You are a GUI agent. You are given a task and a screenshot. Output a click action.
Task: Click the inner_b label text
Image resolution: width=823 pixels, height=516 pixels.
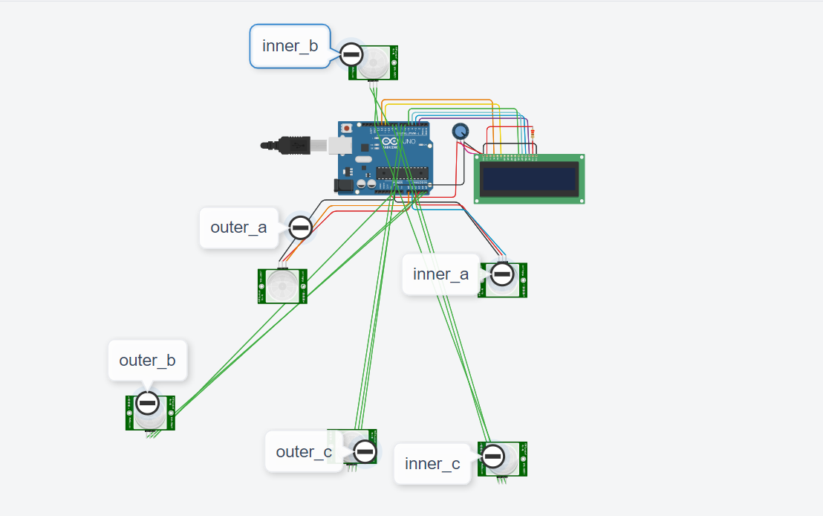290,46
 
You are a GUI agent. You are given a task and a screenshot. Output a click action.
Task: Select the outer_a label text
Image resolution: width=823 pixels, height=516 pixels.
238,228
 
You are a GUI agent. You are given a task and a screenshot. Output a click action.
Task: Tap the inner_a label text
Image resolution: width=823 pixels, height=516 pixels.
441,274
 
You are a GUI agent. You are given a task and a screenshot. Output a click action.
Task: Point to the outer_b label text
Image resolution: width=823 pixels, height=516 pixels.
147,361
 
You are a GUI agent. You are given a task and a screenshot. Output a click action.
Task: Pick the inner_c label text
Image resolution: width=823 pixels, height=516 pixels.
432,464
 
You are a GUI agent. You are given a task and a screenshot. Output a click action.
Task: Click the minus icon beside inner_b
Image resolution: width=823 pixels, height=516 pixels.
351,54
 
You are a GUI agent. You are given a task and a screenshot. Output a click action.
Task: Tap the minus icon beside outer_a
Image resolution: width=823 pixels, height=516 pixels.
300,228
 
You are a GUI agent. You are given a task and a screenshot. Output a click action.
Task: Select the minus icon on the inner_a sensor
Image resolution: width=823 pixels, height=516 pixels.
503,274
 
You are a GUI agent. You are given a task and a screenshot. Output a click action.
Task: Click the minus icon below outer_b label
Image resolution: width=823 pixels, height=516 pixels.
148,403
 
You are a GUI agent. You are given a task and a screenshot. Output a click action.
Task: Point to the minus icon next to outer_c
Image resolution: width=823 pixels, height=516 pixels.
365,451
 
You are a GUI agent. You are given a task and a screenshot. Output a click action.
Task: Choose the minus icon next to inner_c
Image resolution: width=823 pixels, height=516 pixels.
493,456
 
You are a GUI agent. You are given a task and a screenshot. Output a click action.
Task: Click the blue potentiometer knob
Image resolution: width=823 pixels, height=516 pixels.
461,132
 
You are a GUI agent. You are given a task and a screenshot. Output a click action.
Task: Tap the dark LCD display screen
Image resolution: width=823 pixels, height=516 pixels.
529,179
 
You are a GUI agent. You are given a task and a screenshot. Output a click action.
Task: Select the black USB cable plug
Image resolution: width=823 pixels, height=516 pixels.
293,146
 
